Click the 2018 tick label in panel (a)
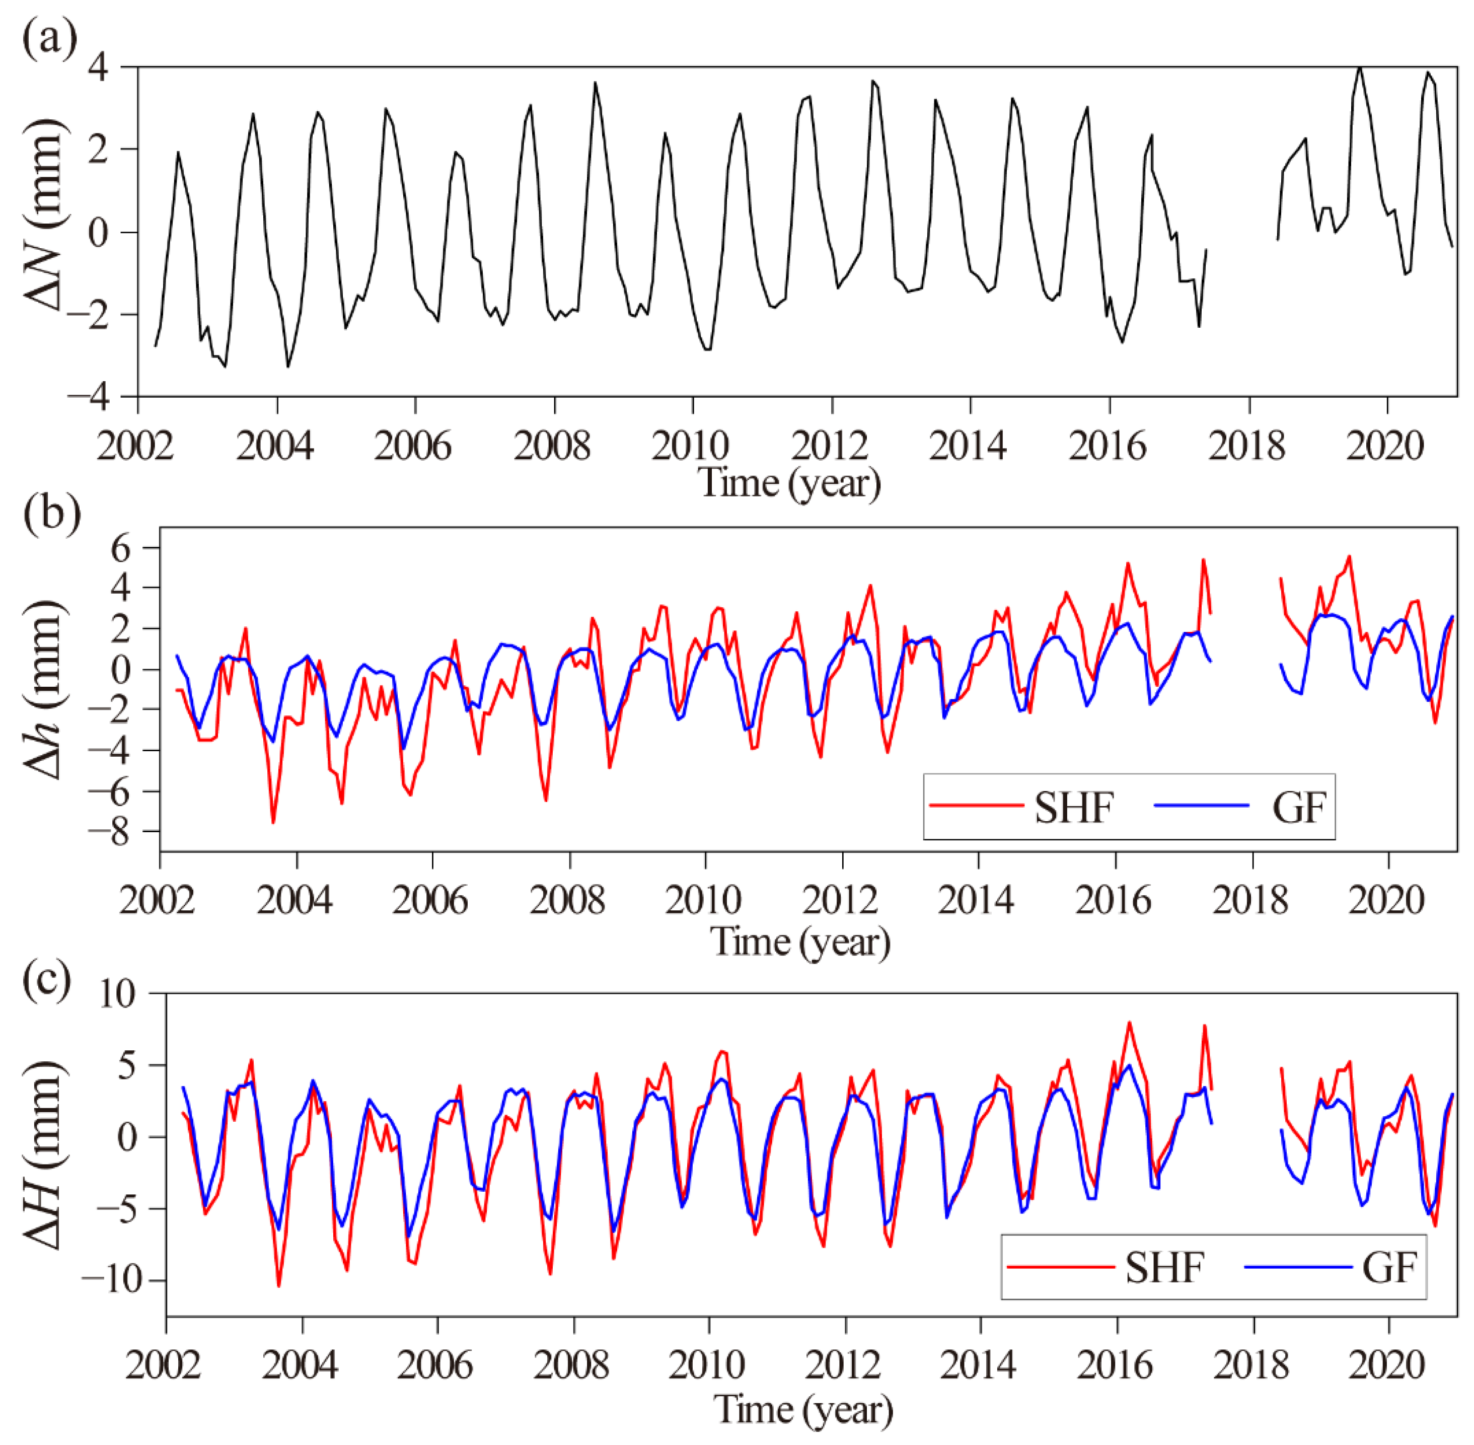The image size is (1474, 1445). click(x=1246, y=446)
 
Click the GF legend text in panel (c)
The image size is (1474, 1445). click(x=1388, y=1267)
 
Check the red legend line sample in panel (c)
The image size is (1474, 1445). click(x=1060, y=1266)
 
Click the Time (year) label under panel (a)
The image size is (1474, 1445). click(x=789, y=483)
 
